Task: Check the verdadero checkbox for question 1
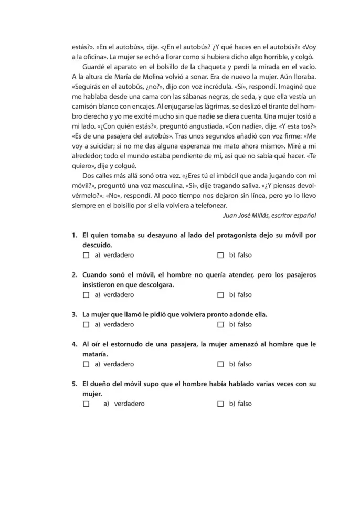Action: click(86, 256)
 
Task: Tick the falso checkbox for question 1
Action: click(220, 256)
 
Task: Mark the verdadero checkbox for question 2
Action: click(86, 295)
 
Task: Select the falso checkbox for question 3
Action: click(220, 324)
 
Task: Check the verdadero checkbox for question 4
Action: click(86, 364)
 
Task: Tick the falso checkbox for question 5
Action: click(220, 404)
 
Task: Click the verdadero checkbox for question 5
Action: click(86, 404)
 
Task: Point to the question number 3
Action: click(75, 314)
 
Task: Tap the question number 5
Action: click(75, 384)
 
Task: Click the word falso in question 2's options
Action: click(245, 295)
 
